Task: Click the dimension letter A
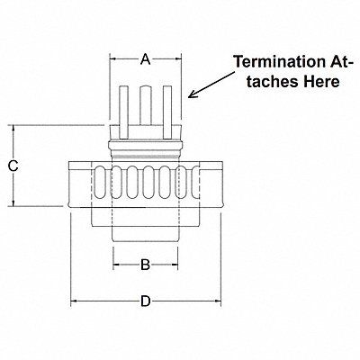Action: point(145,60)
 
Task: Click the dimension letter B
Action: point(145,265)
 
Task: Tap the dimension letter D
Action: point(145,301)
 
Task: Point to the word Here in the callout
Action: point(321,82)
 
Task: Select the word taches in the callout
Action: point(271,82)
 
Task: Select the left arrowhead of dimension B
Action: point(115,265)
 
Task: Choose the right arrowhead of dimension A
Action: point(176,60)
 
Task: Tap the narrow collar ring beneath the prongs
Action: point(145,143)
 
